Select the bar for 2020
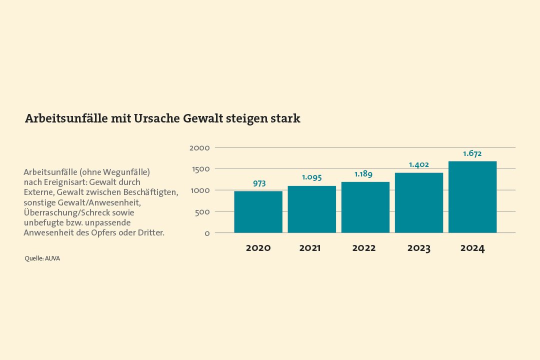click(258, 212)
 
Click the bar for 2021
click(311, 209)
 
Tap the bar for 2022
click(365, 207)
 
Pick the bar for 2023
click(418, 203)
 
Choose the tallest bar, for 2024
click(472, 197)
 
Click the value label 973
click(259, 183)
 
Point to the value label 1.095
click(311, 177)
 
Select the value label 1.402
click(418, 165)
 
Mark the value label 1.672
click(472, 153)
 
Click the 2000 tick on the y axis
click(199, 148)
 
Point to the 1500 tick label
click(200, 169)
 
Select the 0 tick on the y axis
click(207, 233)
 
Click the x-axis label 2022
click(363, 248)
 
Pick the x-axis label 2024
click(472, 248)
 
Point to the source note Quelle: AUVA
click(42, 258)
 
